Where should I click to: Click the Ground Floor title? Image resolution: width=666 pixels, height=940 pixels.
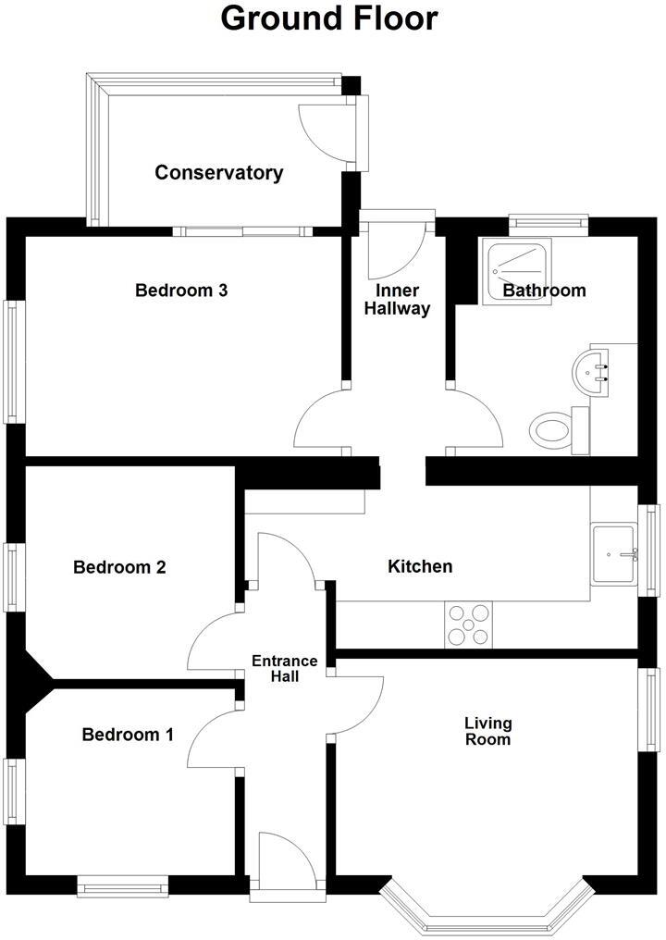coord(328,19)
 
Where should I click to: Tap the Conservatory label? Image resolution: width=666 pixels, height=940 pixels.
coord(218,173)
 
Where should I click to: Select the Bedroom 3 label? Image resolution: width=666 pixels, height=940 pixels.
coord(181,291)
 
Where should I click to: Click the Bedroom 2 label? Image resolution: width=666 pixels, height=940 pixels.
coord(119,567)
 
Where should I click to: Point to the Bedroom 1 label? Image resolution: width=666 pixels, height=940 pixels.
coord(128,735)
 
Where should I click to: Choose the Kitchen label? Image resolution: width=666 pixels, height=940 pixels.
coord(419,566)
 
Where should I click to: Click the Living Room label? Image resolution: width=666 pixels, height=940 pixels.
coord(487,731)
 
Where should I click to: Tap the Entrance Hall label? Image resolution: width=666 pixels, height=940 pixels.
coord(285,668)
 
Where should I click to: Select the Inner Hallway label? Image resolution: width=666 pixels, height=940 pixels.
coord(397,300)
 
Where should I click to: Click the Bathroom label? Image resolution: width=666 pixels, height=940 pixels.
coord(544,291)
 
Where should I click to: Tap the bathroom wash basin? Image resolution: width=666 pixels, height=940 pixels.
coord(593,372)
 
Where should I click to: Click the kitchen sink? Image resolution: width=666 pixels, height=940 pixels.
coord(614,555)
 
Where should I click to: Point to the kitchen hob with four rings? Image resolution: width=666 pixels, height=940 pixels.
coord(469,625)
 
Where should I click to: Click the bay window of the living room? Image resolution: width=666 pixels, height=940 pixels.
coord(487,911)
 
